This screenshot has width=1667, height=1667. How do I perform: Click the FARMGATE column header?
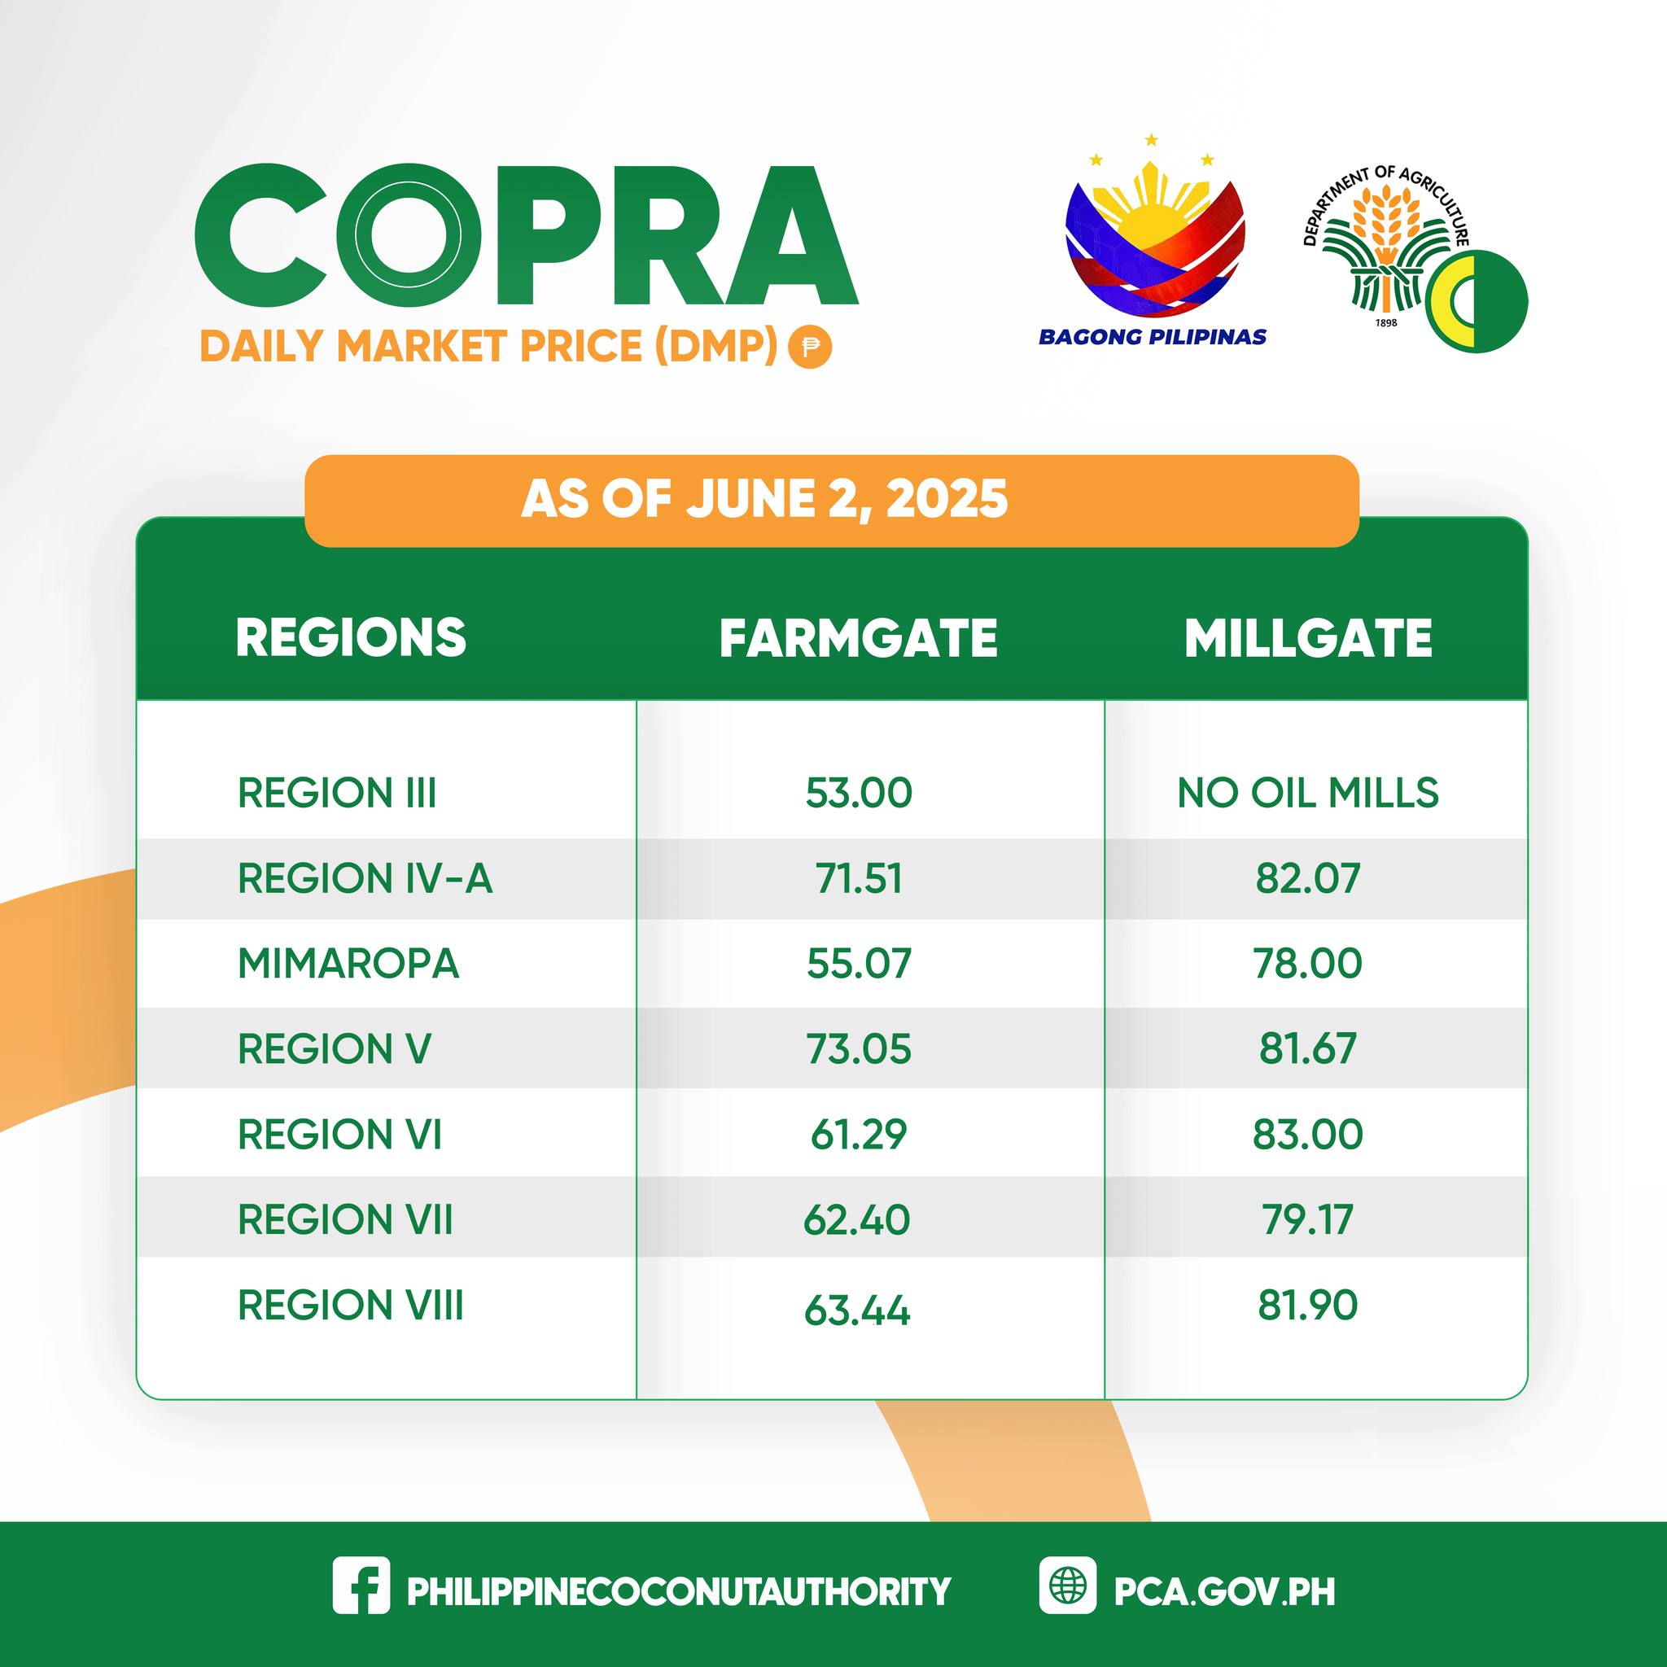pos(859,638)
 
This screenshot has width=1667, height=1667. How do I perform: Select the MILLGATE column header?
pos(1308,638)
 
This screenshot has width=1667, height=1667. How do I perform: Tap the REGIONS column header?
pos(351,638)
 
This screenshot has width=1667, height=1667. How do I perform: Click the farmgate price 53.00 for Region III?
pos(859,793)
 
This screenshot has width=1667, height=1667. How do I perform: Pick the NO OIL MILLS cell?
pos(1308,793)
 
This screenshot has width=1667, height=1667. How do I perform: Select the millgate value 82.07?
pos(1308,878)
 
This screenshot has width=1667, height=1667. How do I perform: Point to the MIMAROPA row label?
pos(348,963)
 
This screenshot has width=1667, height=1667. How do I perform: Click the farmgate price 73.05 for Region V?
pos(859,1048)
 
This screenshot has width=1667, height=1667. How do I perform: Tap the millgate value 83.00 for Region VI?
pos(1308,1133)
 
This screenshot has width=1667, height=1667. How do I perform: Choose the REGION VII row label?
pos(345,1219)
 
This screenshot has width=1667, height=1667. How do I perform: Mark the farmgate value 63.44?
pos(857,1310)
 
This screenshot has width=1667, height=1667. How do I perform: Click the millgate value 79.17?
pos(1308,1219)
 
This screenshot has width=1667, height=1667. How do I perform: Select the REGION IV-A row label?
pos(365,878)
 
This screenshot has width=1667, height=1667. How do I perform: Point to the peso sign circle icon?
pos(809,347)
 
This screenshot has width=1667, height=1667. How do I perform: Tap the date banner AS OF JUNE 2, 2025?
pos(764,500)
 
